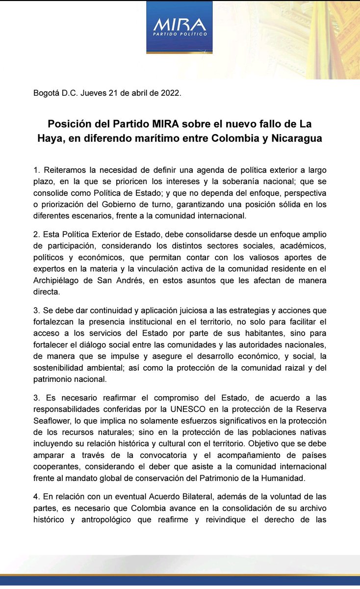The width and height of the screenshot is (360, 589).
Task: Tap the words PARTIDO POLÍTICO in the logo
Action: point(179,35)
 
